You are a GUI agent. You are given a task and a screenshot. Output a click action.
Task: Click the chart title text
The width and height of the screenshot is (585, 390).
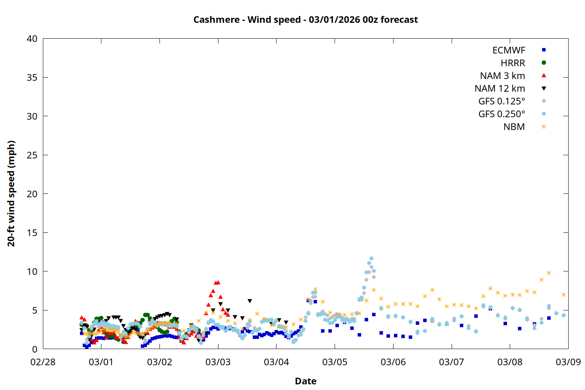pos(305,19)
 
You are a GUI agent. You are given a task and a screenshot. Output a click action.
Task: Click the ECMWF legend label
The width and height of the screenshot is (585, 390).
pos(509,50)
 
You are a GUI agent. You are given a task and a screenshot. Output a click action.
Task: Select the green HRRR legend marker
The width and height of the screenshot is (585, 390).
pos(544,63)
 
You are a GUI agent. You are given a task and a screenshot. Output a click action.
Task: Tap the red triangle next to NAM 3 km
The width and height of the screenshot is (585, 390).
pos(544,75)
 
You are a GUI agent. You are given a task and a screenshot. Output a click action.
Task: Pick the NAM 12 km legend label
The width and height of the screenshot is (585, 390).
pos(500,89)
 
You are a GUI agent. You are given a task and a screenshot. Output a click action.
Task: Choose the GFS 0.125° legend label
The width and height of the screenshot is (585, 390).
pos(502,101)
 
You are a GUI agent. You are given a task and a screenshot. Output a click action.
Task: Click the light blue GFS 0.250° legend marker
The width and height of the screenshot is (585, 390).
pos(544,114)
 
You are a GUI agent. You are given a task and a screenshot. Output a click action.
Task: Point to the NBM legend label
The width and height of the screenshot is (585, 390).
pos(514,127)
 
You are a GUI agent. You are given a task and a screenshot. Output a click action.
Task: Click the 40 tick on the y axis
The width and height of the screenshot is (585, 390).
pos(32,39)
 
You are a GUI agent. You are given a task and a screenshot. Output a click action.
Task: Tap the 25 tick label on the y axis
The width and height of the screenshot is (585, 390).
pos(32,155)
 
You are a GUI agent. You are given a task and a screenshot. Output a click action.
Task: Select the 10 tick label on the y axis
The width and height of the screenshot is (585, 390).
pos(32,271)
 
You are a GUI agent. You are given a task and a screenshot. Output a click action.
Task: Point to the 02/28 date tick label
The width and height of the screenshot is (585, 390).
pos(43,362)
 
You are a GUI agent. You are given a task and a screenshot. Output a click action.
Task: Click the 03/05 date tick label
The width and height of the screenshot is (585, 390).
pos(335,362)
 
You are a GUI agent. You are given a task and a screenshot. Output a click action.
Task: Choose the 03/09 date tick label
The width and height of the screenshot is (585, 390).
pos(568,362)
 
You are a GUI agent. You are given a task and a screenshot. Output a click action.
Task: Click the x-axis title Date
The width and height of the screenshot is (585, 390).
pos(305,381)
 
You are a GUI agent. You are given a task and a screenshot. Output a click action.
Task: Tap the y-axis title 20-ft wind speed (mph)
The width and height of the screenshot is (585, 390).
pos(11,193)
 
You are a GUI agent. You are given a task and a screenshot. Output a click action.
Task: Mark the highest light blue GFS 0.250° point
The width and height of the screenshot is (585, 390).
pos(371,258)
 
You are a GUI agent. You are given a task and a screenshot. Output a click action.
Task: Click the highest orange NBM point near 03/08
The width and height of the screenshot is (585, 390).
pos(549,273)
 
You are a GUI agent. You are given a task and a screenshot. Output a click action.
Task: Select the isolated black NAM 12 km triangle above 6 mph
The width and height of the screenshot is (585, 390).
pos(250,301)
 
